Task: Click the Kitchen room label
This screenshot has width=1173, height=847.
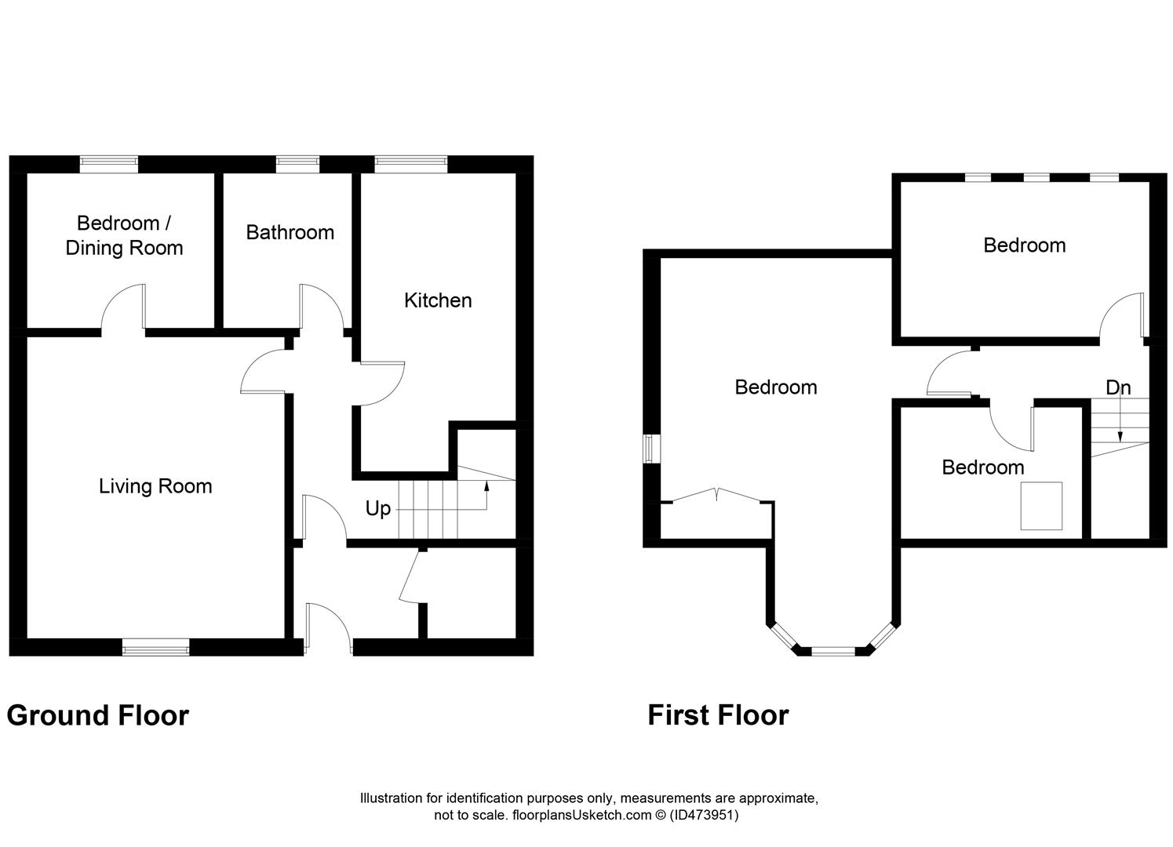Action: tap(438, 300)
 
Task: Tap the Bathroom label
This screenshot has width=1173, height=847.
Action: tap(290, 232)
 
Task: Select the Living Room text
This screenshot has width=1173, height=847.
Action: tap(155, 486)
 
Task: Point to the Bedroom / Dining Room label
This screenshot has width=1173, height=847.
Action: tap(124, 235)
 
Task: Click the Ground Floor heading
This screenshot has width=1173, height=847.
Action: tap(98, 715)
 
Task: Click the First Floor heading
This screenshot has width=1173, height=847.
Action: tap(718, 715)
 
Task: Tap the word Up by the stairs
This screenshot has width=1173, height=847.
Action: tap(378, 509)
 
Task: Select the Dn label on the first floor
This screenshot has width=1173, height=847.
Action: tap(1118, 388)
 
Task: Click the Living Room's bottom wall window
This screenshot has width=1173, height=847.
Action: tap(155, 648)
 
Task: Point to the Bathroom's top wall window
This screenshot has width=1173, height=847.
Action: tap(297, 165)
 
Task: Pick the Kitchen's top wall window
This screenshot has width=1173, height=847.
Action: tap(411, 165)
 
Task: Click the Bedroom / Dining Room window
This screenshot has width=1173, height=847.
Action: tap(109, 165)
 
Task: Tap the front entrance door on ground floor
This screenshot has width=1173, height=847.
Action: tap(329, 629)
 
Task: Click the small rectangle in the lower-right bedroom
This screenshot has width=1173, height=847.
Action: tap(1041, 506)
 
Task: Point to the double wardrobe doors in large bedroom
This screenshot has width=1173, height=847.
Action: tap(716, 494)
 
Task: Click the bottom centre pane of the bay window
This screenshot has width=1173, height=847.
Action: tap(833, 651)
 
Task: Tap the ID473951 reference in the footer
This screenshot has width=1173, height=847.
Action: tap(704, 815)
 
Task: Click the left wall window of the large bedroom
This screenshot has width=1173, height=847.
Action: tap(652, 449)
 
